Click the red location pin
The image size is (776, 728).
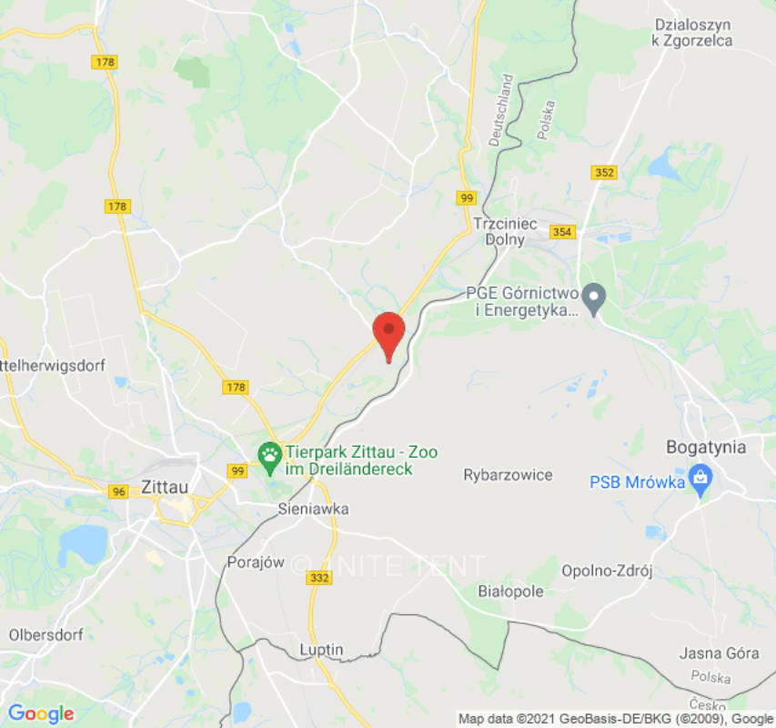point(389,333)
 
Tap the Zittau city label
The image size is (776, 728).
point(165,487)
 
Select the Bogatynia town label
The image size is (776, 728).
point(706,447)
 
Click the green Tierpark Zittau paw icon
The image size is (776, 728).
point(269,458)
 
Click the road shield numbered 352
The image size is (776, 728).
point(604,173)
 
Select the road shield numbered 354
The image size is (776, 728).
point(563,232)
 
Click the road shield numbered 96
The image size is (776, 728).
point(118,491)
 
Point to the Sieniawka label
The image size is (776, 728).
point(313,510)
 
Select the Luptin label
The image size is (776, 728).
point(321,650)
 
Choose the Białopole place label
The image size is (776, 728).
point(510,591)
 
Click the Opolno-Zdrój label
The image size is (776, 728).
point(607,571)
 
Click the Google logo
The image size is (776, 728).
point(40,713)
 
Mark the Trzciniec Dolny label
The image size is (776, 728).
point(505,231)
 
